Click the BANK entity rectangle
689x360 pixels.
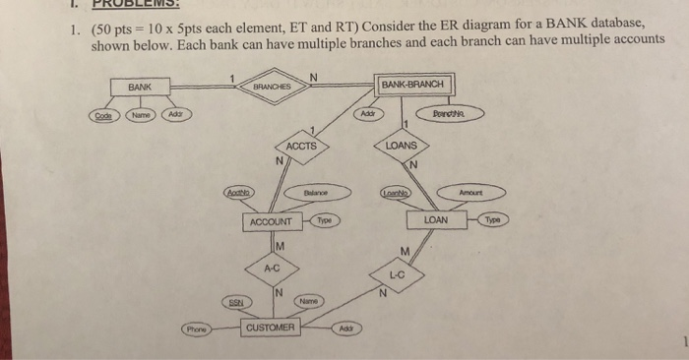tap(140, 88)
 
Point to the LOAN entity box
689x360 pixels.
tap(435, 220)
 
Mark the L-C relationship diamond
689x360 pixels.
tap(397, 276)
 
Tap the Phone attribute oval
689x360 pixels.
tap(200, 330)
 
